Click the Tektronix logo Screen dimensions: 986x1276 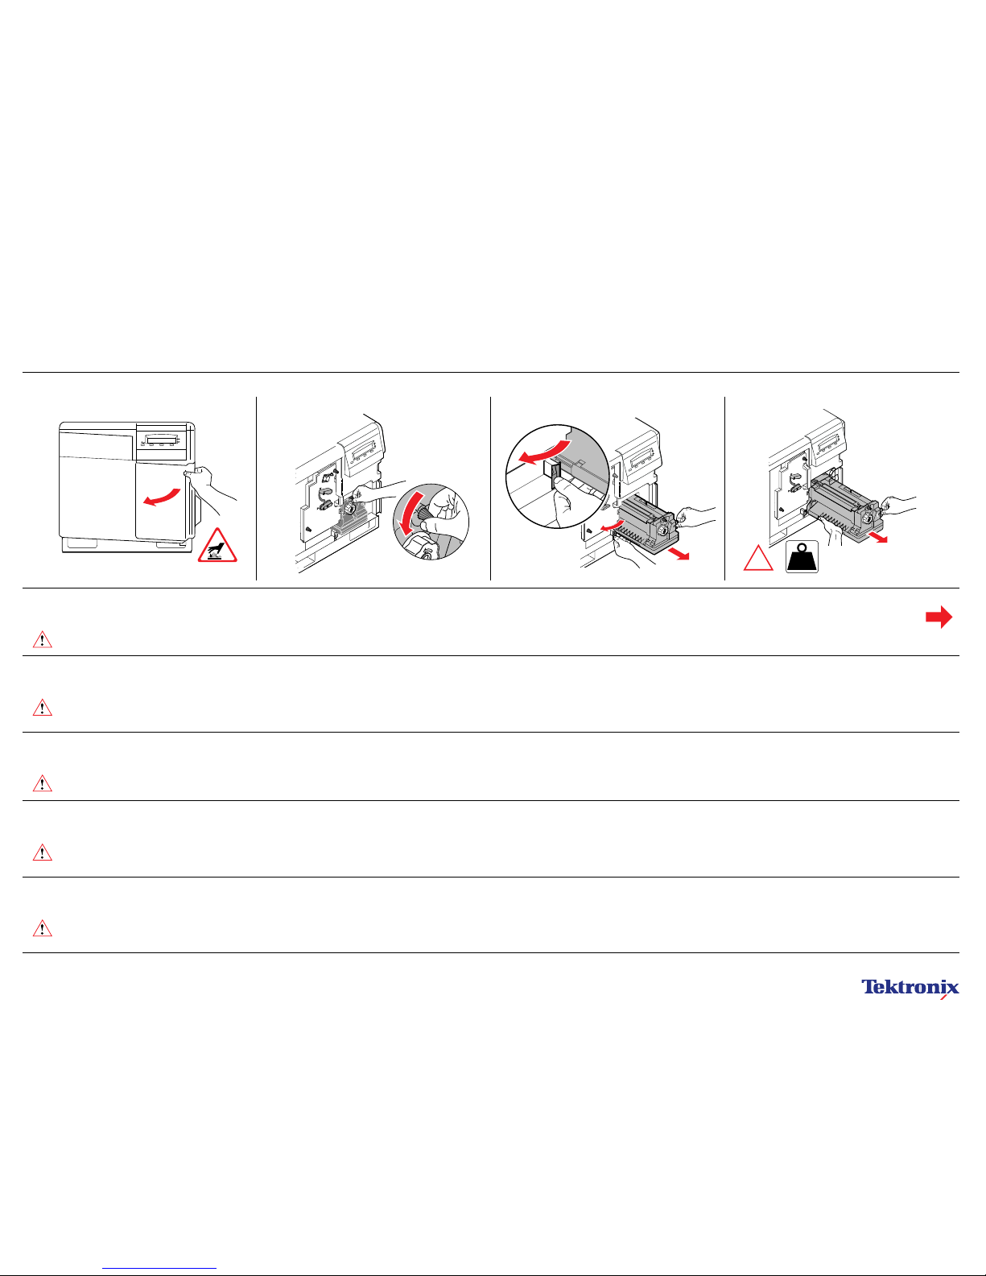[910, 989]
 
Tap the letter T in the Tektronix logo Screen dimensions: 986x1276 [868, 986]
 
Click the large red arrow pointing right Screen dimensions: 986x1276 [939, 617]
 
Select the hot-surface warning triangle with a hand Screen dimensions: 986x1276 [217, 546]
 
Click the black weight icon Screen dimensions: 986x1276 [802, 556]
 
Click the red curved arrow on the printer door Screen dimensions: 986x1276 [162, 497]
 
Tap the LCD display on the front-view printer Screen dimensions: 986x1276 [162, 440]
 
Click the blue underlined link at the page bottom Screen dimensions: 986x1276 [159, 1269]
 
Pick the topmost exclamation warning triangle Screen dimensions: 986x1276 [42, 639]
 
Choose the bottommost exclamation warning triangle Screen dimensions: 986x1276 [42, 928]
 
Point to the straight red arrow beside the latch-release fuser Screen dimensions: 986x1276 [679, 553]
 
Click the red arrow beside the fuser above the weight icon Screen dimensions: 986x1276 [878, 537]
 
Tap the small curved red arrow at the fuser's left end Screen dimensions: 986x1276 [613, 524]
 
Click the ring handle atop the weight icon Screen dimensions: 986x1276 [802, 547]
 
